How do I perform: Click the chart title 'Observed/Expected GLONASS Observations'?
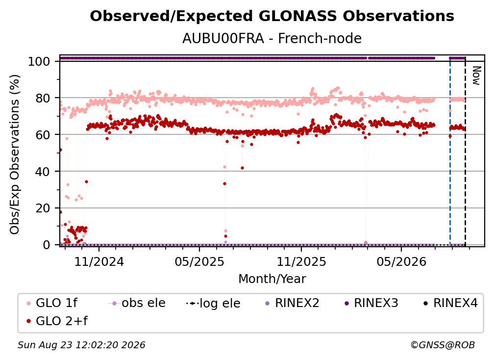[x=272, y=16]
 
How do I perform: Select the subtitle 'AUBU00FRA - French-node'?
[x=272, y=38]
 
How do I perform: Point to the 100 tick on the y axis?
[x=39, y=61]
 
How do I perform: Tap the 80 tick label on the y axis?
[x=43, y=98]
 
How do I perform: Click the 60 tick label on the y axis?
[x=43, y=134]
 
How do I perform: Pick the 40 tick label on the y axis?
[x=43, y=172]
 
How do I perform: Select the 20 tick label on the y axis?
[x=43, y=208]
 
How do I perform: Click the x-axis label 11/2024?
[x=99, y=261]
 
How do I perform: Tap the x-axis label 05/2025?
[x=199, y=261]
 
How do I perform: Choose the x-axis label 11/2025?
[x=301, y=261]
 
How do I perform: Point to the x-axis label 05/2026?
[x=401, y=261]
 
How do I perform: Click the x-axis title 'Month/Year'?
[x=272, y=279]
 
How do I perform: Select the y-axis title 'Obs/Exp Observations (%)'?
[x=15, y=154]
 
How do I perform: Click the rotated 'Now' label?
[x=476, y=76]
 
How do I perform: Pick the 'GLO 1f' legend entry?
[x=52, y=303]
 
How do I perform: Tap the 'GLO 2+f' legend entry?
[x=57, y=321]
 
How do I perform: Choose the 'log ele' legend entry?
[x=213, y=303]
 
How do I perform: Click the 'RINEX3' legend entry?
[x=371, y=303]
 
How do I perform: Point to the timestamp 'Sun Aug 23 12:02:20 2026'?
[x=81, y=345]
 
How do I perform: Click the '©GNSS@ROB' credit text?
[x=443, y=345]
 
